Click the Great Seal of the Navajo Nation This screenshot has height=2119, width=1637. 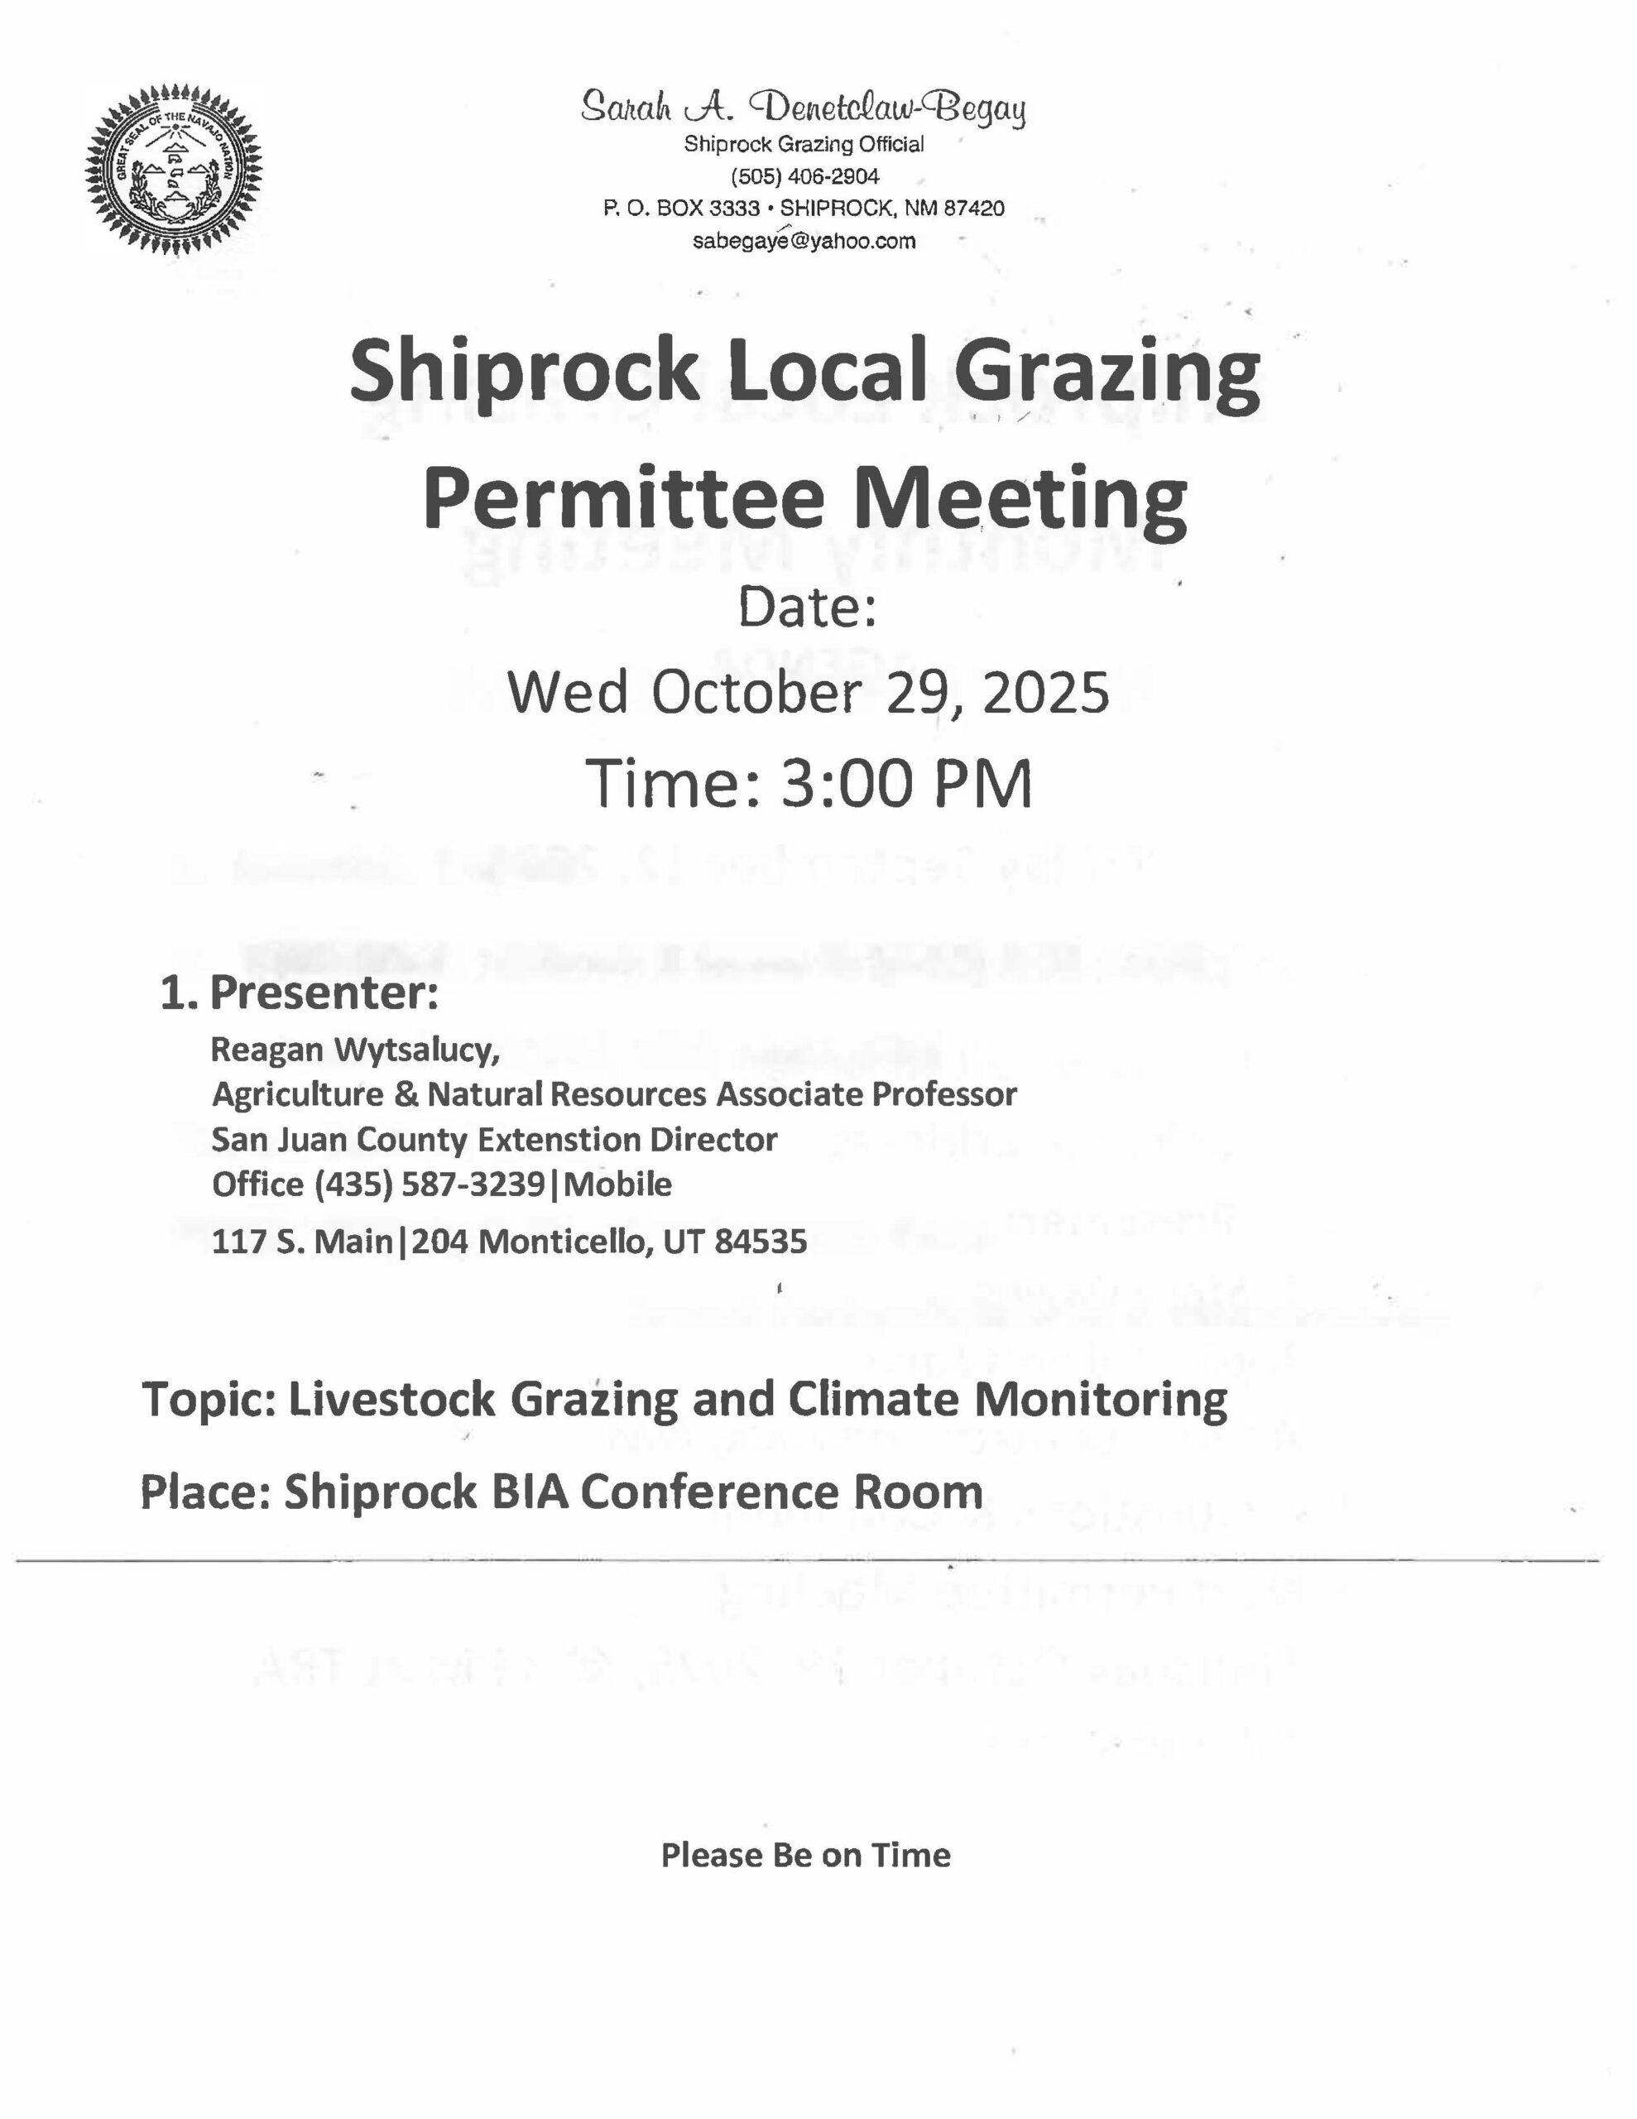coord(174,171)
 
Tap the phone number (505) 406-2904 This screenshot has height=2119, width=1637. coord(804,176)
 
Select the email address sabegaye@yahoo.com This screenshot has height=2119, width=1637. coord(804,241)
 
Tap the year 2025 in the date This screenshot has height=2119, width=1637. coord(1046,694)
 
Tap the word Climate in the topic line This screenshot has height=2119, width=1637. coord(876,1399)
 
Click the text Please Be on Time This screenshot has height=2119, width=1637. coord(805,1855)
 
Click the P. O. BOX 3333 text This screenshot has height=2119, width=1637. coord(681,209)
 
